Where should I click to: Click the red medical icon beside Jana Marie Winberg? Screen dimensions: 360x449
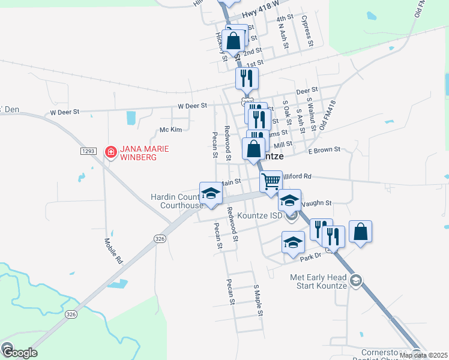coord(110,152)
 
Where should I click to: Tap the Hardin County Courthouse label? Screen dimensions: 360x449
coord(176,201)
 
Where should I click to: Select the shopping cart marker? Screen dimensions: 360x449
coord(271,181)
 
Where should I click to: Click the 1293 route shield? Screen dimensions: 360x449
coord(88,151)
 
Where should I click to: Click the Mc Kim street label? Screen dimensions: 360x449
coord(170,130)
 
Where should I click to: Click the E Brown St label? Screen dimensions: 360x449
coord(325,149)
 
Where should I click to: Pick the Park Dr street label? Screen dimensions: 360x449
coord(312,256)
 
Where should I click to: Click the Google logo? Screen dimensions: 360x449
coord(19,352)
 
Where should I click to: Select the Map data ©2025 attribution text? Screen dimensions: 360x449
coord(423,355)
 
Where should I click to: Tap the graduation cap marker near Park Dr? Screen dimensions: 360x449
coord(293,242)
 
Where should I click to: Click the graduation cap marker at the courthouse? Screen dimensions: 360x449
coord(211,193)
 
